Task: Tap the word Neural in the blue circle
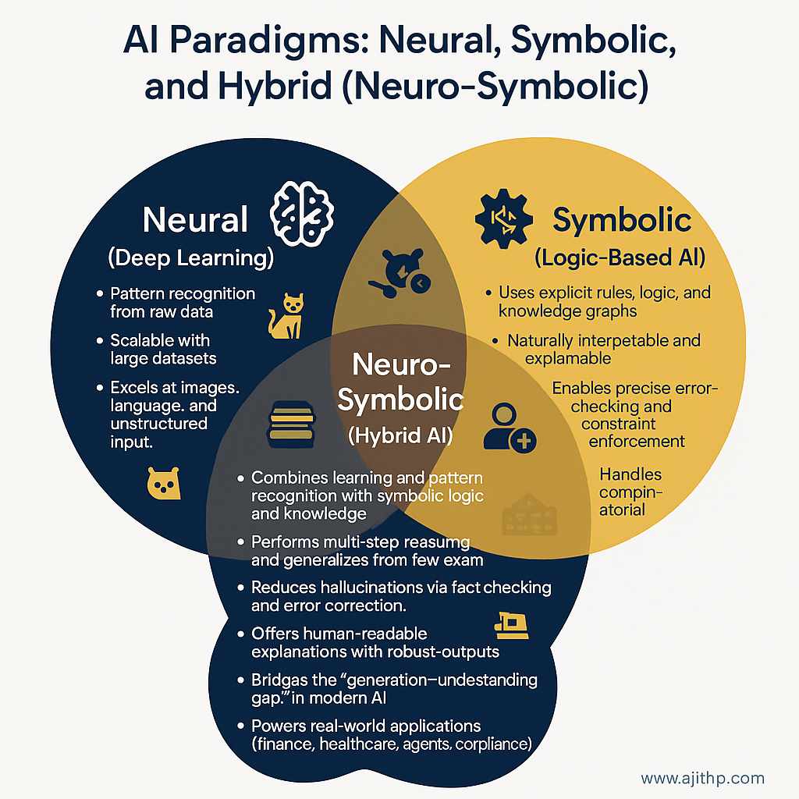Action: click(x=195, y=221)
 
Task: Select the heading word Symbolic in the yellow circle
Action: click(x=622, y=221)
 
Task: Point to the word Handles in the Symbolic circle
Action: click(x=630, y=474)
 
